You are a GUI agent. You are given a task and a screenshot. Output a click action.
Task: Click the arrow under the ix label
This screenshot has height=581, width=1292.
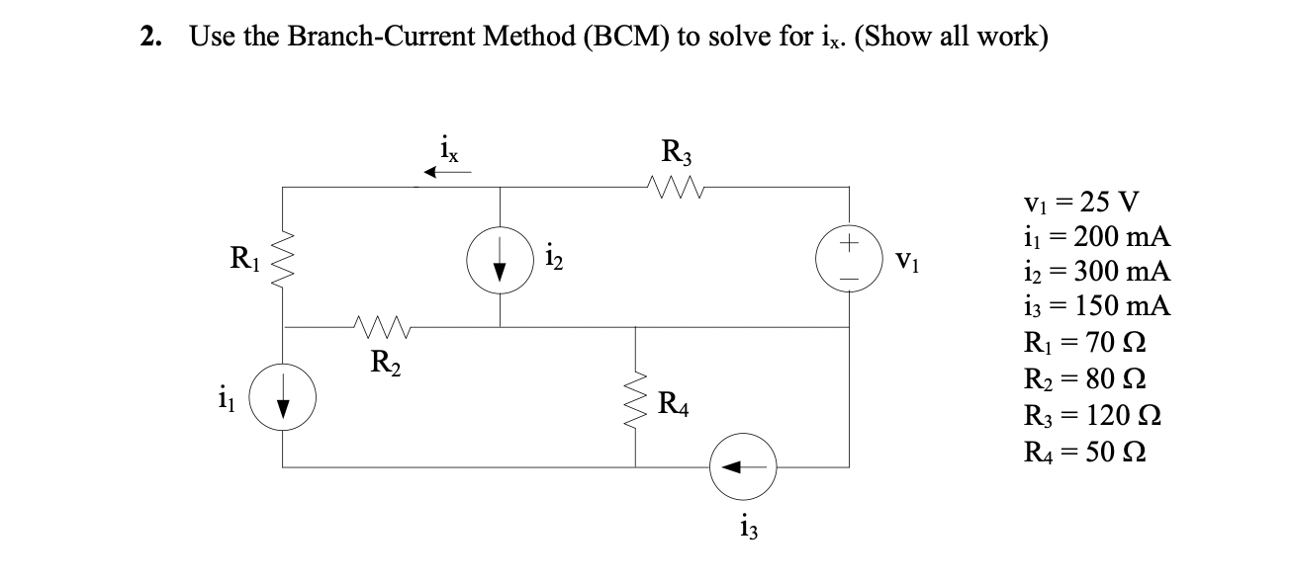(x=448, y=173)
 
